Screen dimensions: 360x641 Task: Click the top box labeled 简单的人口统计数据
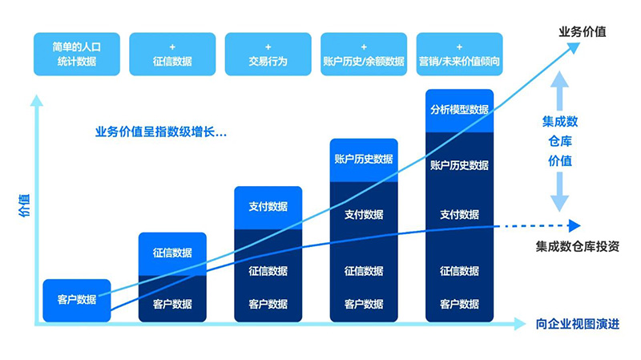[76, 54]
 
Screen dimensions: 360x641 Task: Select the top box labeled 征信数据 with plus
[172, 54]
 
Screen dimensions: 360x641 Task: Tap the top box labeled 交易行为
[268, 54]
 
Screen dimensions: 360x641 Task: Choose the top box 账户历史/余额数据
[364, 54]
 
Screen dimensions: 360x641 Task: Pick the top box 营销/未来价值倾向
[459, 54]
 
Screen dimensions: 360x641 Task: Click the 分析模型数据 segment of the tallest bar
[459, 110]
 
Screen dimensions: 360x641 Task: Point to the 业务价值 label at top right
[582, 32]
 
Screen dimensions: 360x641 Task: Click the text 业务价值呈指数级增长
[160, 132]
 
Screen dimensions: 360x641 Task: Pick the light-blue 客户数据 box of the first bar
[76, 300]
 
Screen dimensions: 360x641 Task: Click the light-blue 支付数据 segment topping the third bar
[268, 207]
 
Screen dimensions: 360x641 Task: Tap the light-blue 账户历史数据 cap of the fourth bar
[364, 159]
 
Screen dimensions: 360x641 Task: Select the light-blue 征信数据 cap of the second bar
[172, 253]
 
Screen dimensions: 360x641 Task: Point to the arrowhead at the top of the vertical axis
[34, 101]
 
